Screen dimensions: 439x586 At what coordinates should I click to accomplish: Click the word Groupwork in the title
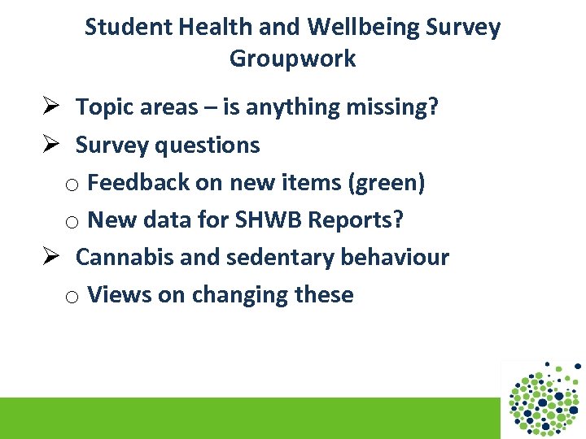pyautogui.click(x=292, y=59)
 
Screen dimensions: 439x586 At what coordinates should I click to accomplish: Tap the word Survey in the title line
pyautogui.click(x=466, y=28)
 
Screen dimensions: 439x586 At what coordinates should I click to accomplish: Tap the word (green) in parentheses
pyautogui.click(x=387, y=183)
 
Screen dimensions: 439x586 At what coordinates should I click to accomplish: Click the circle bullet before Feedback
pyautogui.click(x=72, y=185)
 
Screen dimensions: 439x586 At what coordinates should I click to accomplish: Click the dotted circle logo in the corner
pyautogui.click(x=544, y=398)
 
